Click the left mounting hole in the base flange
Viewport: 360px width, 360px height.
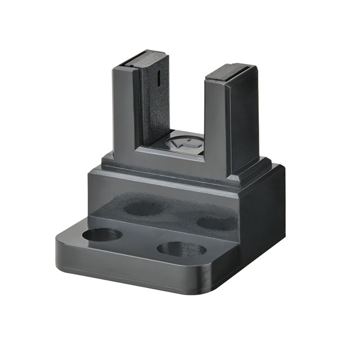click(x=102, y=234)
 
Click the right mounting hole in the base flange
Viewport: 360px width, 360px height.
click(x=181, y=249)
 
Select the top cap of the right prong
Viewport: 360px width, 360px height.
click(x=229, y=70)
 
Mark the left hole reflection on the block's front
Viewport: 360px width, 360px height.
click(x=142, y=208)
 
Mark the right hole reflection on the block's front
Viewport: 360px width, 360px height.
click(x=216, y=222)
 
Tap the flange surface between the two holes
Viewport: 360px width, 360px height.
click(x=141, y=242)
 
